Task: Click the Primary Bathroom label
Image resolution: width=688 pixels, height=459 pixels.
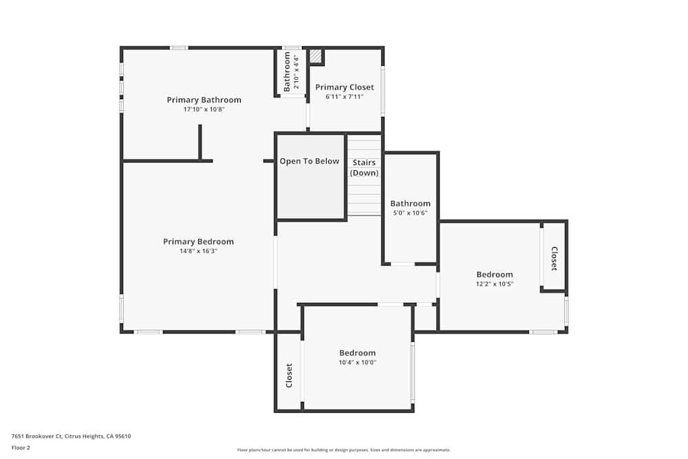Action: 204,100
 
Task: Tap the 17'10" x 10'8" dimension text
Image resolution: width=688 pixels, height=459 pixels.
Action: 204,109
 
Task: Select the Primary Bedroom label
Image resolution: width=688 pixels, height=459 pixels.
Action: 198,242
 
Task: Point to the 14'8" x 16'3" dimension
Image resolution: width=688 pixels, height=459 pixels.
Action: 198,251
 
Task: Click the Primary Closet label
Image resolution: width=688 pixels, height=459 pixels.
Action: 345,87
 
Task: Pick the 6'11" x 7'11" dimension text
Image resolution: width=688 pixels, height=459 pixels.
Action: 345,97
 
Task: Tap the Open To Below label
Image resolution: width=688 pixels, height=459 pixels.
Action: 309,161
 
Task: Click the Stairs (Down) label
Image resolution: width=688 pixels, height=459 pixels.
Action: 364,168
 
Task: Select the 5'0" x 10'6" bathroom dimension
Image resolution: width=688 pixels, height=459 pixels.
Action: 410,213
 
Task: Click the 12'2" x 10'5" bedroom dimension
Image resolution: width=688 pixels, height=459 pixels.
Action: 495,284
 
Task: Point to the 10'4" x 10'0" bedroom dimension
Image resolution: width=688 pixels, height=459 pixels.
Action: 357,363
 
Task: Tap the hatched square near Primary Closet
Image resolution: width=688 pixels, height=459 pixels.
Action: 316,56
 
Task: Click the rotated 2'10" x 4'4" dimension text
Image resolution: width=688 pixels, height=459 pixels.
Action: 297,72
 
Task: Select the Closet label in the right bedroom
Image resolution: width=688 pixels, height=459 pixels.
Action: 554,259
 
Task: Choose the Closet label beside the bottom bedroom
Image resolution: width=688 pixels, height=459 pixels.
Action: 289,375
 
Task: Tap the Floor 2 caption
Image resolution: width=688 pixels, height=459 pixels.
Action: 21,447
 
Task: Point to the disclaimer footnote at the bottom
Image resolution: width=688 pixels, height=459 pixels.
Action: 343,450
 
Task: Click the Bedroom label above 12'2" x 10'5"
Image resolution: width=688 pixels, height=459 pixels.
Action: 495,275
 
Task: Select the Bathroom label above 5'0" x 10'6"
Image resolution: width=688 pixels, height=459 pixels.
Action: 410,204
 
